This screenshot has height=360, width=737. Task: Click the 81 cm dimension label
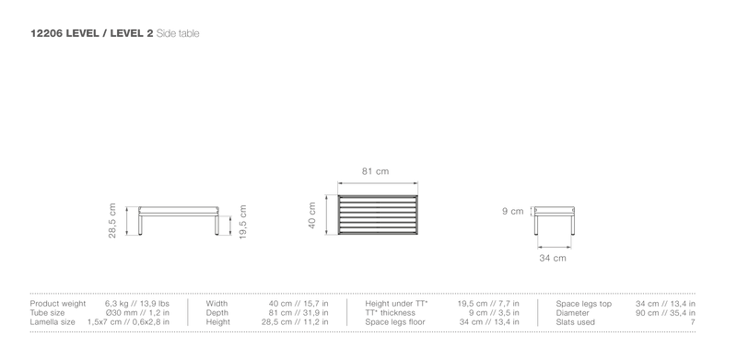coord(376,171)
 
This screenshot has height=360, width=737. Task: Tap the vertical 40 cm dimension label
coord(312,215)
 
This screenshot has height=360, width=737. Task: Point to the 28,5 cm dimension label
coord(112,220)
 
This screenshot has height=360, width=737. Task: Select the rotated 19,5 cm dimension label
coord(243,221)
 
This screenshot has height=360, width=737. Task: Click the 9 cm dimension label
coord(513,212)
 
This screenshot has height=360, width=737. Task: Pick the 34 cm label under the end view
coord(553,258)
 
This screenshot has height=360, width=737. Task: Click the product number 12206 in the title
coord(47,33)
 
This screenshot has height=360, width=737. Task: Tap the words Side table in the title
coord(178,33)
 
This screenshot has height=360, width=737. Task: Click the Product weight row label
coord(58,304)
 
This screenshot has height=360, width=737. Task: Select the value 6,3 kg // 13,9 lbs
coord(136,304)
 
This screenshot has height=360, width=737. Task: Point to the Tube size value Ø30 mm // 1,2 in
coord(137,313)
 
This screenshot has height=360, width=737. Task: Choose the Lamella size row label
coord(53,322)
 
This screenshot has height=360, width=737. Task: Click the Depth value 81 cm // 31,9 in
coord(295,313)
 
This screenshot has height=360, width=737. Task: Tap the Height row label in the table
coord(218,322)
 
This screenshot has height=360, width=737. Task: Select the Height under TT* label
coord(397,304)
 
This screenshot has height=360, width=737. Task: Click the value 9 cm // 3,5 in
coord(494,313)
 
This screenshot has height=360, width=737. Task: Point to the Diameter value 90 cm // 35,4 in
coord(665,313)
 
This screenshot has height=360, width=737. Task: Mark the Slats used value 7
coord(693,322)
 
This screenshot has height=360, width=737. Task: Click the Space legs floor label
coord(395,322)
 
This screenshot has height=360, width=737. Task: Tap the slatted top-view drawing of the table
coord(378,215)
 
